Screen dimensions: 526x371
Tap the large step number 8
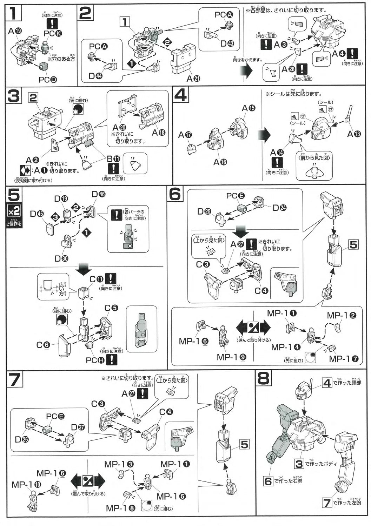click(264, 378)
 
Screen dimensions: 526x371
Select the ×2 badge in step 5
click(14, 211)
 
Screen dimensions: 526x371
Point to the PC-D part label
click(48, 80)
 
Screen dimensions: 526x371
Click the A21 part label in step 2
click(193, 79)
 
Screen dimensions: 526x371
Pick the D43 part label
click(227, 44)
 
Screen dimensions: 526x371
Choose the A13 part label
click(353, 134)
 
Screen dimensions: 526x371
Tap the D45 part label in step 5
click(37, 213)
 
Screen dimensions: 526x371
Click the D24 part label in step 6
click(279, 208)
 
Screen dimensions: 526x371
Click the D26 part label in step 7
click(22, 439)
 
